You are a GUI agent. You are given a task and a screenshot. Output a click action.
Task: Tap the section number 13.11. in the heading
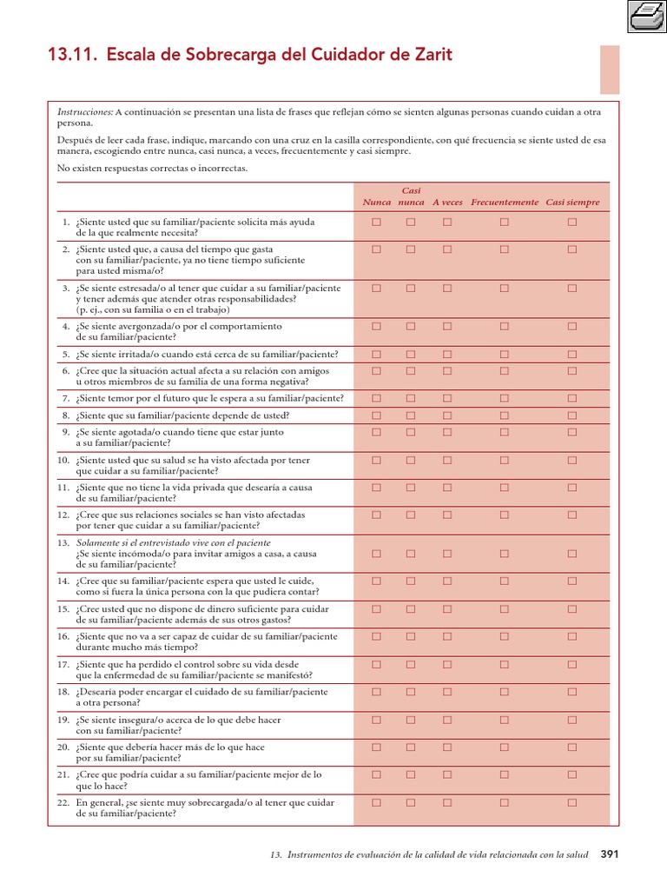tap(72, 56)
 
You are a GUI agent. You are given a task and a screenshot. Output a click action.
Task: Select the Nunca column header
tap(376, 203)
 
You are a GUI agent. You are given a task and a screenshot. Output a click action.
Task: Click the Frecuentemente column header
tap(505, 203)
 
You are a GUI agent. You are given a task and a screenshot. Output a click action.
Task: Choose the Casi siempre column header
tap(572, 203)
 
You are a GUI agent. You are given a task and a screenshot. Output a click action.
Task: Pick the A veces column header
tap(447, 203)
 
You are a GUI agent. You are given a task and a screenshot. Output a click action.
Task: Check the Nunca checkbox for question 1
tap(377, 222)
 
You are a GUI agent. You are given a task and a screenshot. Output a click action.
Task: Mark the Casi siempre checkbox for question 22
tap(572, 803)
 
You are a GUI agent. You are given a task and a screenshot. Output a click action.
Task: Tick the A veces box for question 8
tap(447, 415)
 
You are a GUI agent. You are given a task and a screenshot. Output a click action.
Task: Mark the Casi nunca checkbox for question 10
tap(411, 460)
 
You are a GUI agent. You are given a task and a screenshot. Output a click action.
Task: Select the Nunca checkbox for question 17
tap(377, 665)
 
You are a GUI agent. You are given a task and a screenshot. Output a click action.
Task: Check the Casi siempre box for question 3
tap(572, 288)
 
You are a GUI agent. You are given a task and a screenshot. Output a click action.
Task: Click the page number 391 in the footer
tap(610, 854)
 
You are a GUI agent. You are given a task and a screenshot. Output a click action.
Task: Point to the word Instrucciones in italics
tap(85, 112)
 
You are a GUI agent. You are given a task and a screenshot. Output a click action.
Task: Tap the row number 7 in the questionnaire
tap(66, 399)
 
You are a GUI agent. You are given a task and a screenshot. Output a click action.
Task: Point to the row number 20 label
tap(63, 747)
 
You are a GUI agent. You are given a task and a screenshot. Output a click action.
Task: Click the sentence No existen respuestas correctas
tap(152, 168)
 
